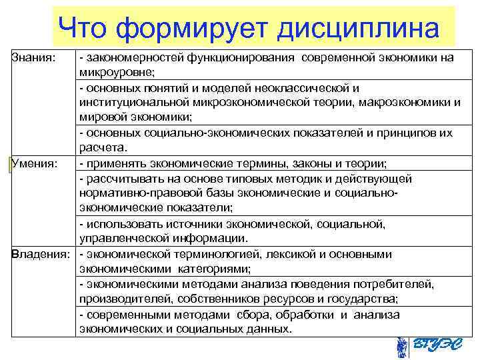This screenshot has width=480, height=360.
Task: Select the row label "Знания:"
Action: (30, 57)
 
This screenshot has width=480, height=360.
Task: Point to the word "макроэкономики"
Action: (408, 102)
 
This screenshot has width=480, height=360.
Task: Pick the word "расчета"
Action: (102, 147)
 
